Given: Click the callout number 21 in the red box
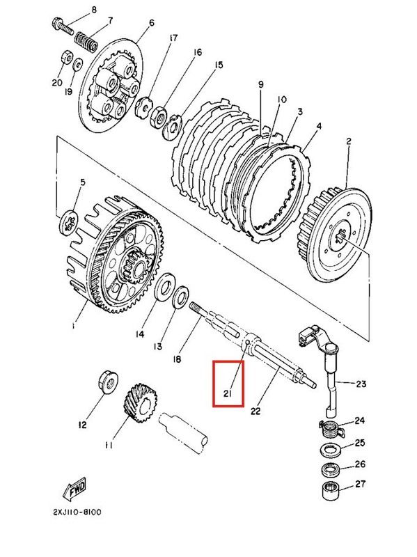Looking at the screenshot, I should [x=228, y=395].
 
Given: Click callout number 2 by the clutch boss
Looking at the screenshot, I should [x=349, y=142].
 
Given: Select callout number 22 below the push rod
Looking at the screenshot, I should [x=255, y=411].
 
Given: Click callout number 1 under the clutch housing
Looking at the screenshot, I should [x=74, y=325].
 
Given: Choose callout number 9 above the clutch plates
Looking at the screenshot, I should [x=260, y=84].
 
